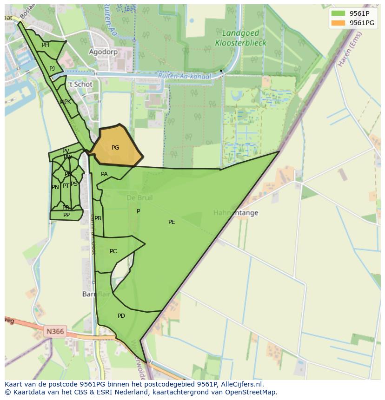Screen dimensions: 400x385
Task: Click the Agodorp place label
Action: [x=103, y=52]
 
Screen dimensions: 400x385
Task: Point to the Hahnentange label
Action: [x=236, y=213]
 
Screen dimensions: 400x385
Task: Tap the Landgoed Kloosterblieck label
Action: [x=240, y=38]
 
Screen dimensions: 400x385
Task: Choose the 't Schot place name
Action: [x=80, y=85]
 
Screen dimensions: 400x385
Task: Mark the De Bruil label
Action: [x=139, y=198]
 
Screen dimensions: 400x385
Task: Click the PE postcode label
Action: [x=172, y=222]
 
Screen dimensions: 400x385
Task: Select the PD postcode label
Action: [x=121, y=316]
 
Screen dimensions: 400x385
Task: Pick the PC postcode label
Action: [x=113, y=251]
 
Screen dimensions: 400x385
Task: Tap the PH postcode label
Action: [x=46, y=45]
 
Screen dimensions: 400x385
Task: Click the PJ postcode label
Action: [x=52, y=69]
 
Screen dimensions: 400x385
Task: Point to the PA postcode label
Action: [x=104, y=174]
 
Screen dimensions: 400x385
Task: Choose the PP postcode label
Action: [x=66, y=215]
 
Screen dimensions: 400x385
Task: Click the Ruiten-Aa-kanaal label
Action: [x=184, y=76]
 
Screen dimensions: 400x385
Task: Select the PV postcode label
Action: [x=66, y=151]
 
